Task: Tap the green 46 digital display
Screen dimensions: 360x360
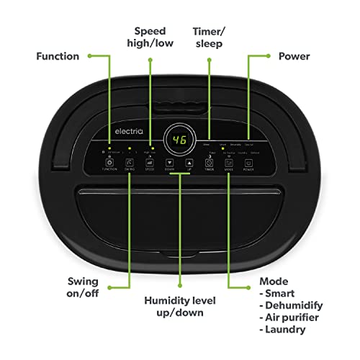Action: click(x=179, y=141)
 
